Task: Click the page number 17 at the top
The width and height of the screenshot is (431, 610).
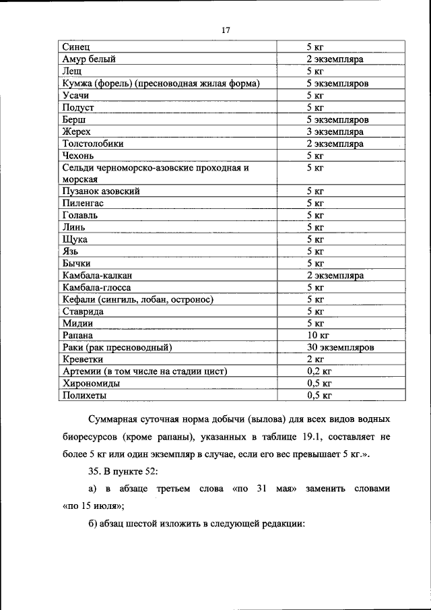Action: click(x=226, y=30)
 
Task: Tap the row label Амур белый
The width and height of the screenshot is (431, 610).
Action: click(x=89, y=59)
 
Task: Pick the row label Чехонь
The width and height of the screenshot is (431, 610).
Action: click(x=77, y=156)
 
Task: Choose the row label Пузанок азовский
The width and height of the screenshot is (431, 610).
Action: click(x=100, y=191)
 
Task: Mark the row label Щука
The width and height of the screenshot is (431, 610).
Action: click(x=74, y=239)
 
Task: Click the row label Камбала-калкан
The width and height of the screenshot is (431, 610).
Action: click(x=96, y=276)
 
